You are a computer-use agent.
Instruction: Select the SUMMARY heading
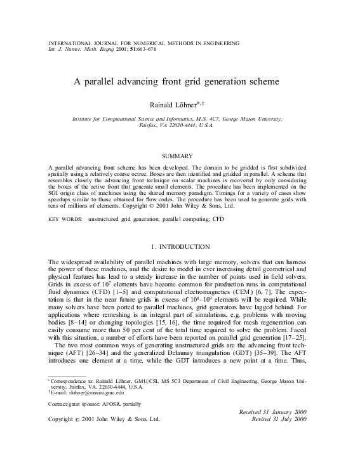click(x=180, y=155)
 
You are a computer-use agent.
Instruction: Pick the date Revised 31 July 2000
click(x=279, y=419)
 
